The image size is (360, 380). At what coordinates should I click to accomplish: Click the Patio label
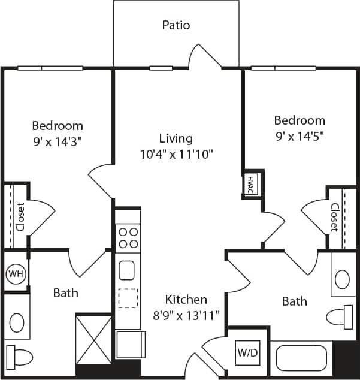point(176,25)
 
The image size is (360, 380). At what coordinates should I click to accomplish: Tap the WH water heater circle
point(15,274)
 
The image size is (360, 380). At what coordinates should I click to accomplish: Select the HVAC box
point(250,184)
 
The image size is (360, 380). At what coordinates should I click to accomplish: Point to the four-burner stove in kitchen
point(128,237)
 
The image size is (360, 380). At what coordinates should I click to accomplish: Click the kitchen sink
point(127,270)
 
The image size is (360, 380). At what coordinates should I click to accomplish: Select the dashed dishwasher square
point(127,298)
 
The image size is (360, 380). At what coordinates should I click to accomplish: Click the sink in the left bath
point(16,322)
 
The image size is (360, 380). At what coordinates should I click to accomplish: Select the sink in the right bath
point(342,279)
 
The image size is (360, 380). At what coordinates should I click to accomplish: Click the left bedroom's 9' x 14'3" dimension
point(58,142)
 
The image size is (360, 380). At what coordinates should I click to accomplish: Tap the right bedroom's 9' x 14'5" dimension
point(300,136)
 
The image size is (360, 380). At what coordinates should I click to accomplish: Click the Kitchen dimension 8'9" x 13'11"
point(186,314)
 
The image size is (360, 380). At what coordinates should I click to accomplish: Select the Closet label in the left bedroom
point(20,217)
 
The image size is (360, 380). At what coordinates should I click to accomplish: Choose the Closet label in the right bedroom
point(334,217)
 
